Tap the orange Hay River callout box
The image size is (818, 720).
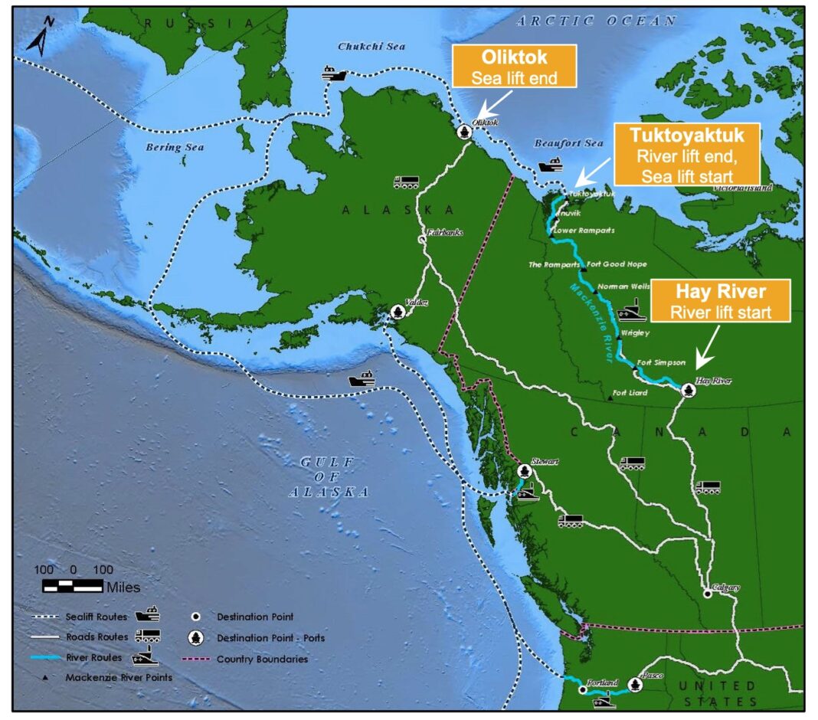[720, 301]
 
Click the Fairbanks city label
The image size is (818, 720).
[445, 231]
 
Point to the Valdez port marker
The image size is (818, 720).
[398, 312]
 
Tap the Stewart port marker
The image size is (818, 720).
[524, 470]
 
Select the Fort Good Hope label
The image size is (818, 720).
[617, 264]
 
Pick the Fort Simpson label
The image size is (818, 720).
[656, 362]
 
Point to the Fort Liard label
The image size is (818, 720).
[630, 393]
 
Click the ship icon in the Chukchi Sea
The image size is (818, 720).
[334, 74]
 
